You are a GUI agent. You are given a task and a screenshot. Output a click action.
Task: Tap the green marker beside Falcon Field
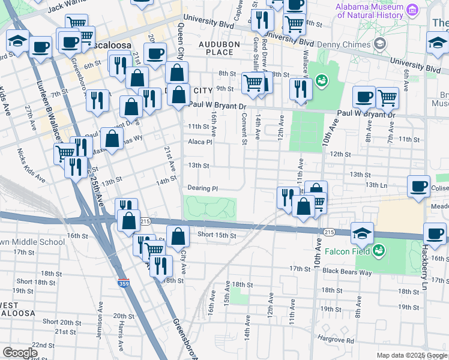[379, 249]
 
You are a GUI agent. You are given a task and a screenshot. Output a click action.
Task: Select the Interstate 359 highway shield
[123, 283]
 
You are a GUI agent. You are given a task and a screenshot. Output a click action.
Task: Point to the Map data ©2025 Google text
[412, 355]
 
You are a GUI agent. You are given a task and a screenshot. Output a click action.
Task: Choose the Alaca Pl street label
[200, 142]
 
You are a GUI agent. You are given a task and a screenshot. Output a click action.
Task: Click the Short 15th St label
[217, 235]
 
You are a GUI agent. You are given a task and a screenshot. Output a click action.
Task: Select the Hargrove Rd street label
[336, 340]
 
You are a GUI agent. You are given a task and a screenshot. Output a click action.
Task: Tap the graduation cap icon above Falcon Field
[363, 232]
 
